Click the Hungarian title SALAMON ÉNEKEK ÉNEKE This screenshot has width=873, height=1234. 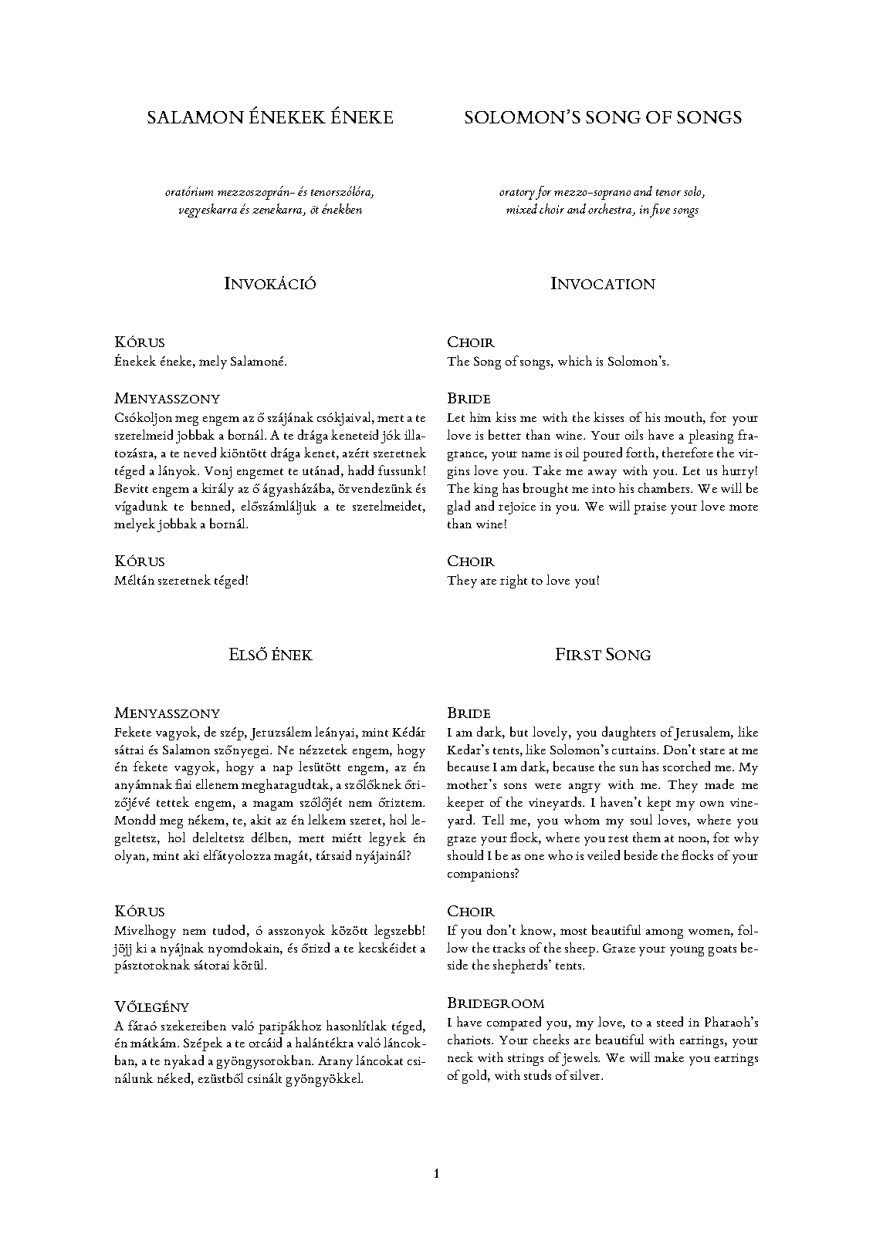tap(269, 117)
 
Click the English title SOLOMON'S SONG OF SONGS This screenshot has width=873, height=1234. tap(603, 117)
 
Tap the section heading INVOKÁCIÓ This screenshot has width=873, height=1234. tap(269, 284)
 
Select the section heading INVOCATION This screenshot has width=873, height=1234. tap(603, 284)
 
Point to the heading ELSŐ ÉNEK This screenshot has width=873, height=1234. tap(269, 655)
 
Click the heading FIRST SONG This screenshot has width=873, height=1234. tap(603, 655)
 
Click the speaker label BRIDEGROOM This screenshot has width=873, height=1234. tap(496, 1003)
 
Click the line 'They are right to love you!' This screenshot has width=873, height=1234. tap(523, 581)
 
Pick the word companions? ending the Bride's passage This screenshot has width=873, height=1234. tap(482, 875)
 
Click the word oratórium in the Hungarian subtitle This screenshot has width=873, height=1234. tap(193, 192)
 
